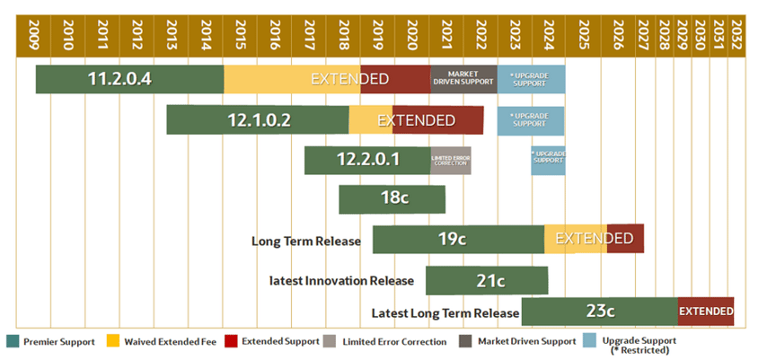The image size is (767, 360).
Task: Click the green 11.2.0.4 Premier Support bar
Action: [129, 79]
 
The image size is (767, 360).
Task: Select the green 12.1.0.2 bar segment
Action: [257, 119]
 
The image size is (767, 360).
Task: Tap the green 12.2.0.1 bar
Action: [366, 161]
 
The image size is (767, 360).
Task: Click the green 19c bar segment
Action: [457, 239]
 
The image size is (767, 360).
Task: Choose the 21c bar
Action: [486, 280]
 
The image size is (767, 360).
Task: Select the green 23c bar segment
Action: [599, 312]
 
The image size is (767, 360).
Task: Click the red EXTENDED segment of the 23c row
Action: [706, 312]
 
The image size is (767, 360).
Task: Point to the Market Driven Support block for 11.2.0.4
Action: [463, 79]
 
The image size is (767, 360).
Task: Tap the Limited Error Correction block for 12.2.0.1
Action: [450, 161]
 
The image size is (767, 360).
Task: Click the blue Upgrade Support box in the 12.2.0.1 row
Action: [548, 161]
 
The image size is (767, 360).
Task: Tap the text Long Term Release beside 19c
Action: [305, 241]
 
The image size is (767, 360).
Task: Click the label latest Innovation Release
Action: [341, 281]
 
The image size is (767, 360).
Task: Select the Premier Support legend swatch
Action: [12, 341]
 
